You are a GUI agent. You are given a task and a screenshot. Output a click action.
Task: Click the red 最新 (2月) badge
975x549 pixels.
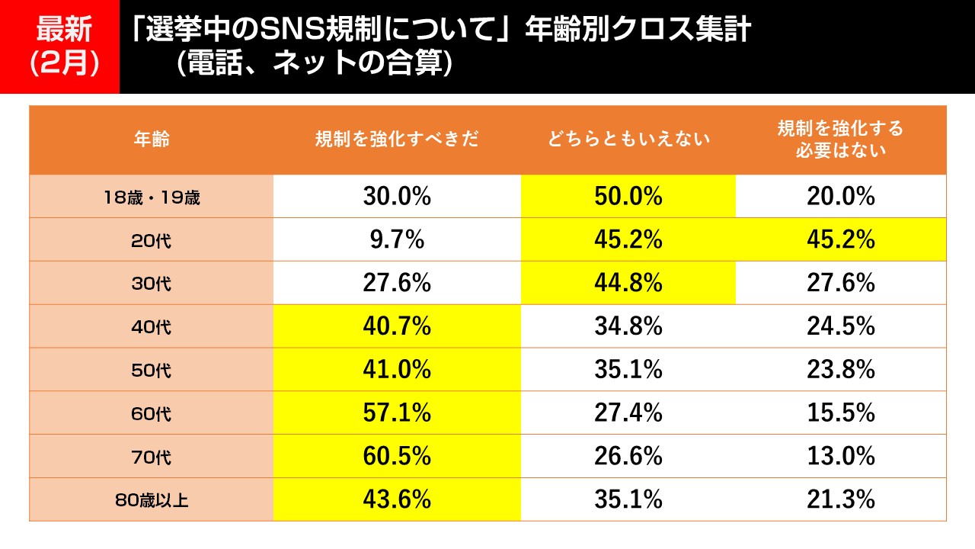59,47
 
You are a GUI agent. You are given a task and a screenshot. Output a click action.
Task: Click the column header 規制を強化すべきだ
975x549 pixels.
397,140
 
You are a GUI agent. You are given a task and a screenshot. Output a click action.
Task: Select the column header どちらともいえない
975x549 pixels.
628,140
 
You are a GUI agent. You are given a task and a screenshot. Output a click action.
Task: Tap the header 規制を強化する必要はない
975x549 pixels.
840,140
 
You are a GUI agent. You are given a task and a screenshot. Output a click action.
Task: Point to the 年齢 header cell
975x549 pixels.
151,140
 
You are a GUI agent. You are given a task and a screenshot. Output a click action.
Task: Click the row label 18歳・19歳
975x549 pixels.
151,197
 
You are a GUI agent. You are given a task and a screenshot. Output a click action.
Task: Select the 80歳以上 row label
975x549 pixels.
151,500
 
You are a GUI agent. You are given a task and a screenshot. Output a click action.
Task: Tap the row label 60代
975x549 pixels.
151,414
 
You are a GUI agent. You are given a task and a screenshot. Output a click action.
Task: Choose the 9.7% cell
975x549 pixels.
397,240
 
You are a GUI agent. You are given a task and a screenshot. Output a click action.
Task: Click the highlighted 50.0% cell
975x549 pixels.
628,197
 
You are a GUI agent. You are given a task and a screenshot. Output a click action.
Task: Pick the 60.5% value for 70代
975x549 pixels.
397,457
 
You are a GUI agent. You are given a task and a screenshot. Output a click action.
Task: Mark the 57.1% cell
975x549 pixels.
397,414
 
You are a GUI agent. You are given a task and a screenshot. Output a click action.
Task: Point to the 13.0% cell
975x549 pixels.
840,457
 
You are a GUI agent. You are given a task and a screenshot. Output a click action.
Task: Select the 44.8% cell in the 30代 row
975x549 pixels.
628,284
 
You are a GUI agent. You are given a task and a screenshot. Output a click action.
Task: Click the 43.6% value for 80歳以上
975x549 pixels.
397,500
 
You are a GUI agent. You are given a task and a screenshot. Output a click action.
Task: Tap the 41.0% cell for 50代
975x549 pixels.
397,371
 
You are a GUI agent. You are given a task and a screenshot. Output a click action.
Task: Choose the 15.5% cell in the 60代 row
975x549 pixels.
840,414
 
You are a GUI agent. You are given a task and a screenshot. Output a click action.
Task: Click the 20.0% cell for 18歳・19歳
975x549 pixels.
840,197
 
